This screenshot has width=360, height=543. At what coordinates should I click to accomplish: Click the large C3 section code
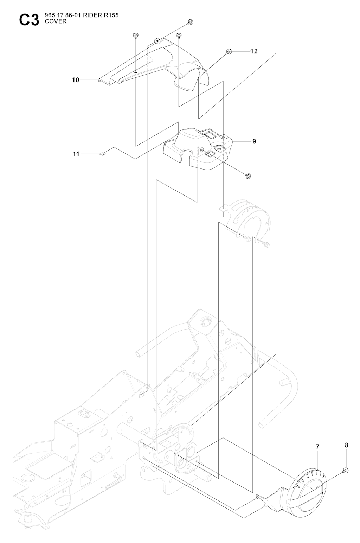coord(29,20)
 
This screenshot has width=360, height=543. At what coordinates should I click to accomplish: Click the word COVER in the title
coord(56,21)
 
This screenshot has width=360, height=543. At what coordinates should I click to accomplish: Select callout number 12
coord(254,51)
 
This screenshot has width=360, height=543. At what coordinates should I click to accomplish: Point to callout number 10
coord(76,80)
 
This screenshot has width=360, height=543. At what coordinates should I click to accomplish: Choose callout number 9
coord(254,141)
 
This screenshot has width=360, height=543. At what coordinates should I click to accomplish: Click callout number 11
coord(76,154)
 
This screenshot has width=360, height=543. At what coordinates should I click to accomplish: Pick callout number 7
coord(317,447)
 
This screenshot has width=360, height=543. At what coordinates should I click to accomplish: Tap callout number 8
coord(346,445)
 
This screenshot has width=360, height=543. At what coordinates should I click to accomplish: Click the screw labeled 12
coord(228,51)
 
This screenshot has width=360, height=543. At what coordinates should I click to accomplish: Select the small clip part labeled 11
coord(103,154)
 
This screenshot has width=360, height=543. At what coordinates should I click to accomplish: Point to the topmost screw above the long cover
coord(191,22)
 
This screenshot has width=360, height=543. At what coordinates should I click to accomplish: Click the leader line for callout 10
coord(90,80)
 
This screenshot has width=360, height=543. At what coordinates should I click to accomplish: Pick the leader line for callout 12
coord(240,51)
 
